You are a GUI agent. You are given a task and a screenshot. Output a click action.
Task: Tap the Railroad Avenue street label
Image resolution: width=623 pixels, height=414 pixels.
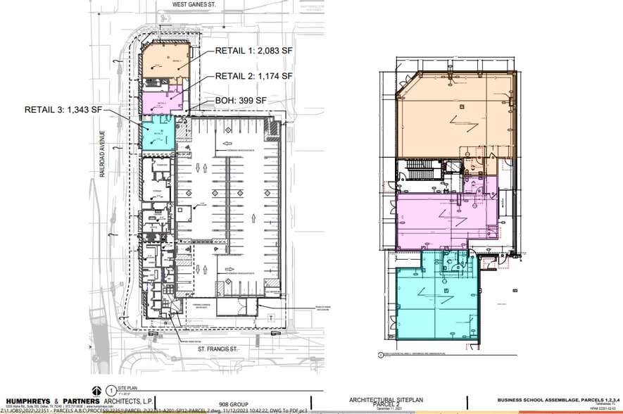[x=103, y=153]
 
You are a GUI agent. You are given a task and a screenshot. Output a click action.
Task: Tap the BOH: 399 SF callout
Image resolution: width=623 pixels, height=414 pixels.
[x=241, y=101]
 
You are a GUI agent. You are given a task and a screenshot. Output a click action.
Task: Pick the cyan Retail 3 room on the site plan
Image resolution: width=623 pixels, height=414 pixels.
[x=157, y=134]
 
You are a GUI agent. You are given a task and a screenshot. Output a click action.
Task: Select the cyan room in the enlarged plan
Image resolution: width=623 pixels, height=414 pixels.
[x=433, y=299]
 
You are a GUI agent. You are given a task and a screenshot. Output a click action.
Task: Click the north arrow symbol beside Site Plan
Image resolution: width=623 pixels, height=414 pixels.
[x=95, y=389]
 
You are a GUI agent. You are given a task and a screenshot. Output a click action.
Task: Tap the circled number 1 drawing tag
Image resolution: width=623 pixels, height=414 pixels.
[x=111, y=389]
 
